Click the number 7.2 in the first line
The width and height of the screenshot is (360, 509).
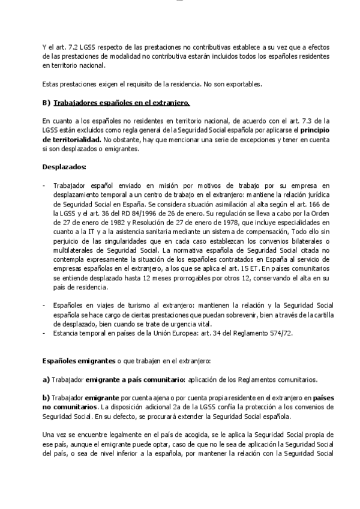(72, 47)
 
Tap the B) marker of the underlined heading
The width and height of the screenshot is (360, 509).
(46, 103)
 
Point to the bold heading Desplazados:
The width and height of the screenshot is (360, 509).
(64, 166)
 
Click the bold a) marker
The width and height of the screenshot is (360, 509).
(46, 380)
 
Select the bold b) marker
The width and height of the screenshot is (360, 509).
(46, 398)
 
